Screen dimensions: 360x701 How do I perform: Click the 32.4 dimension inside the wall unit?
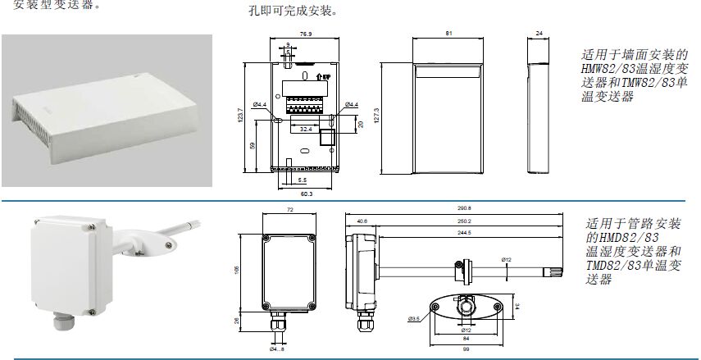(x=305, y=129)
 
